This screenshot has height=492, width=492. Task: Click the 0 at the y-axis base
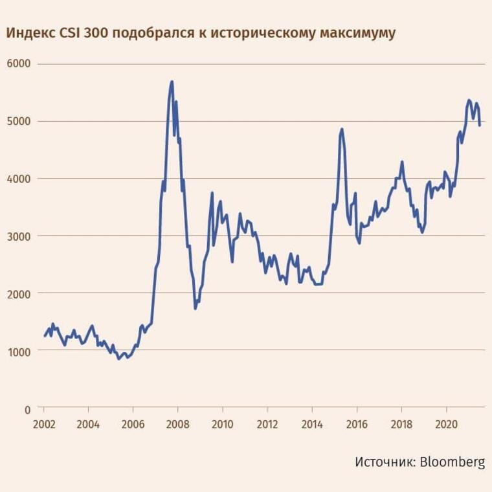(x=27, y=409)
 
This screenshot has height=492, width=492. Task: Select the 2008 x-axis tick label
(x=177, y=425)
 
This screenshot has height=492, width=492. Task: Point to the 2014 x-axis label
(x=312, y=425)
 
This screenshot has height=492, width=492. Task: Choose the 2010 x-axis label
(x=222, y=425)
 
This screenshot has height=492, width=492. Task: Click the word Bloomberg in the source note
(x=453, y=462)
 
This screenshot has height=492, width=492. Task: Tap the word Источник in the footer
(x=384, y=462)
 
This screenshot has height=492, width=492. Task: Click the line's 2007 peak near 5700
(x=172, y=82)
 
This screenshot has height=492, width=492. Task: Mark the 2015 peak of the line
(x=342, y=129)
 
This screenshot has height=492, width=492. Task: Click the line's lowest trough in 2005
(x=119, y=358)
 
